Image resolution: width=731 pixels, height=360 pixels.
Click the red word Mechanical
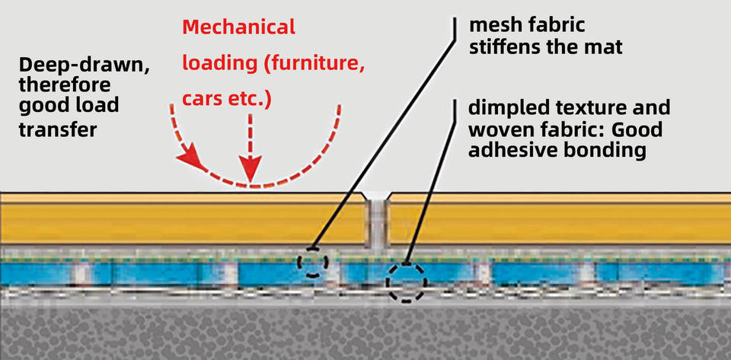(x=238, y=28)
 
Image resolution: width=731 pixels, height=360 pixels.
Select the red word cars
(x=203, y=100)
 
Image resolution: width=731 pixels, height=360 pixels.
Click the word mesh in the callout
(x=492, y=25)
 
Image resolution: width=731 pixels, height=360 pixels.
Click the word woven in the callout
(x=495, y=129)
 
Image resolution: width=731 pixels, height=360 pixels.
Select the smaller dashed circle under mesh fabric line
(x=312, y=263)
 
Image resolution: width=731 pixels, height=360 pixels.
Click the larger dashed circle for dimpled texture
(x=406, y=282)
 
